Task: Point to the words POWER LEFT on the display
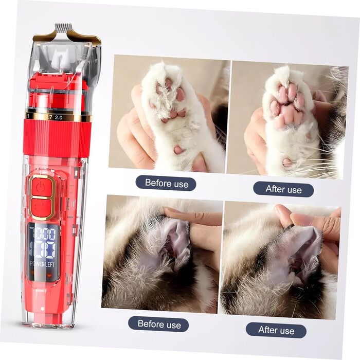click(43, 264)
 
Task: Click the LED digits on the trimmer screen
click(44, 243)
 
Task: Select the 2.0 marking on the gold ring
click(58, 118)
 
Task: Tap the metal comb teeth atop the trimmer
click(62, 27)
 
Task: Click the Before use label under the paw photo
click(167, 184)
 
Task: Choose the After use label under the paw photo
click(283, 189)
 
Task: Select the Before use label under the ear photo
click(159, 324)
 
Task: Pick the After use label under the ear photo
click(276, 330)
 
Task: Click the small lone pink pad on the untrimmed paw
click(179, 150)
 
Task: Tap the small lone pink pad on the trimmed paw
click(287, 162)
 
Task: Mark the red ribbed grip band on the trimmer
click(58, 137)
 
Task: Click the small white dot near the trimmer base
click(43, 309)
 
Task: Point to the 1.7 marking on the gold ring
click(49, 117)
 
